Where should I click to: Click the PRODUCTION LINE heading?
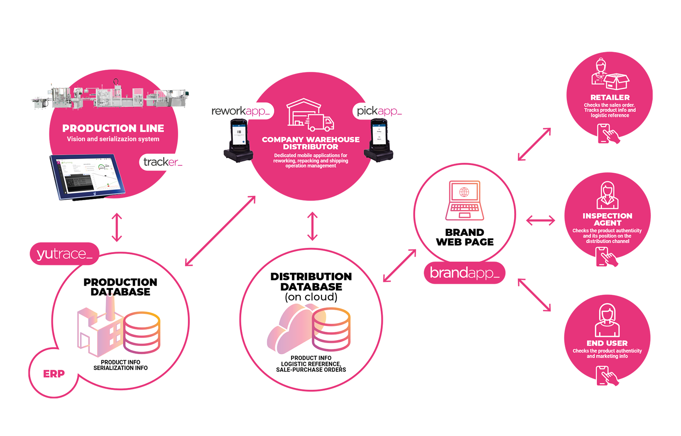tap(113, 128)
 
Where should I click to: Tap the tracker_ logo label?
tap(162, 162)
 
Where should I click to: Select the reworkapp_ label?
tap(240, 111)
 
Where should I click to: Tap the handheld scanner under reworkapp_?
tap(239, 139)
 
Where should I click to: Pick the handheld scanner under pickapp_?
tap(378, 139)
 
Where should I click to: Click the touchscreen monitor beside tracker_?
tap(88, 176)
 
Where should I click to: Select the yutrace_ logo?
tap(64, 254)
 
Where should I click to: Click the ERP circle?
tap(54, 374)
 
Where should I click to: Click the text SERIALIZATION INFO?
tap(120, 368)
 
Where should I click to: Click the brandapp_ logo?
tap(464, 273)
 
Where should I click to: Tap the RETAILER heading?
tap(610, 98)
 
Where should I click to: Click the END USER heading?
tap(607, 343)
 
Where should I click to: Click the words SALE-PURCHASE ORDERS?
tap(311, 370)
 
